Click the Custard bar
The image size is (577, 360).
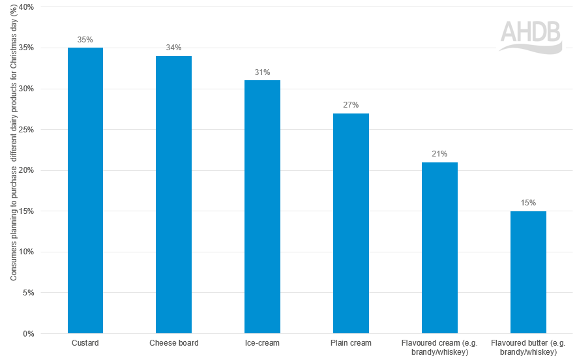[85, 190]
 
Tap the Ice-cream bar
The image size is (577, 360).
[262, 207]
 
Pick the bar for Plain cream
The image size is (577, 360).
[351, 223]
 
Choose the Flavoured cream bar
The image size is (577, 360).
[439, 248]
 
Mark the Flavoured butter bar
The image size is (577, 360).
[528, 272]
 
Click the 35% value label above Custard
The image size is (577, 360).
[85, 40]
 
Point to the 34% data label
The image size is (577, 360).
[173, 48]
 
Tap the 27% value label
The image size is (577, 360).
[351, 105]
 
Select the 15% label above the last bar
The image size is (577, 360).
[528, 203]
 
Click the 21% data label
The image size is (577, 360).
[439, 154]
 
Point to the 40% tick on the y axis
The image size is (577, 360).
[27, 7]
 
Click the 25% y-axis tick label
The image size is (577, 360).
[27, 130]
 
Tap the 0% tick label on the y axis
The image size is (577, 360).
[29, 334]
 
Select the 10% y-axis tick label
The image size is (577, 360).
[27, 252]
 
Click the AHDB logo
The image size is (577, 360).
[531, 37]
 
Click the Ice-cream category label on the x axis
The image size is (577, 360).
[262, 343]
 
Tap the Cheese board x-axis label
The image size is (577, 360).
[173, 343]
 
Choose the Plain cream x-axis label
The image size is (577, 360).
[351, 343]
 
